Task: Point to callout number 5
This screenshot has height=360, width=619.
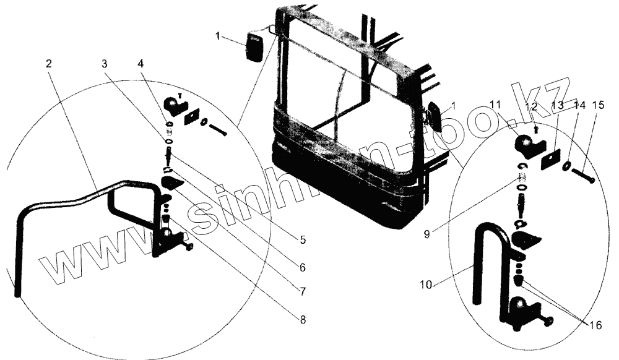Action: coord(302,239)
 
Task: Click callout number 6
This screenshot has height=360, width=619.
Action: coord(302,268)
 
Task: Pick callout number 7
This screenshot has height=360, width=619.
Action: coord(302,291)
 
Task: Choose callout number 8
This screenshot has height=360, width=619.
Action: coord(302,320)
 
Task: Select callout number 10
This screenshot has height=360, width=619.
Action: coord(424,286)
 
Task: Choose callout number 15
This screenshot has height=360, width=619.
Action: coord(599,106)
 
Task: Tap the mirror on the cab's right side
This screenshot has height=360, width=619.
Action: coord(432,117)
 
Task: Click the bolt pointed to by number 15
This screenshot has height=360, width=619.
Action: coord(581,176)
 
